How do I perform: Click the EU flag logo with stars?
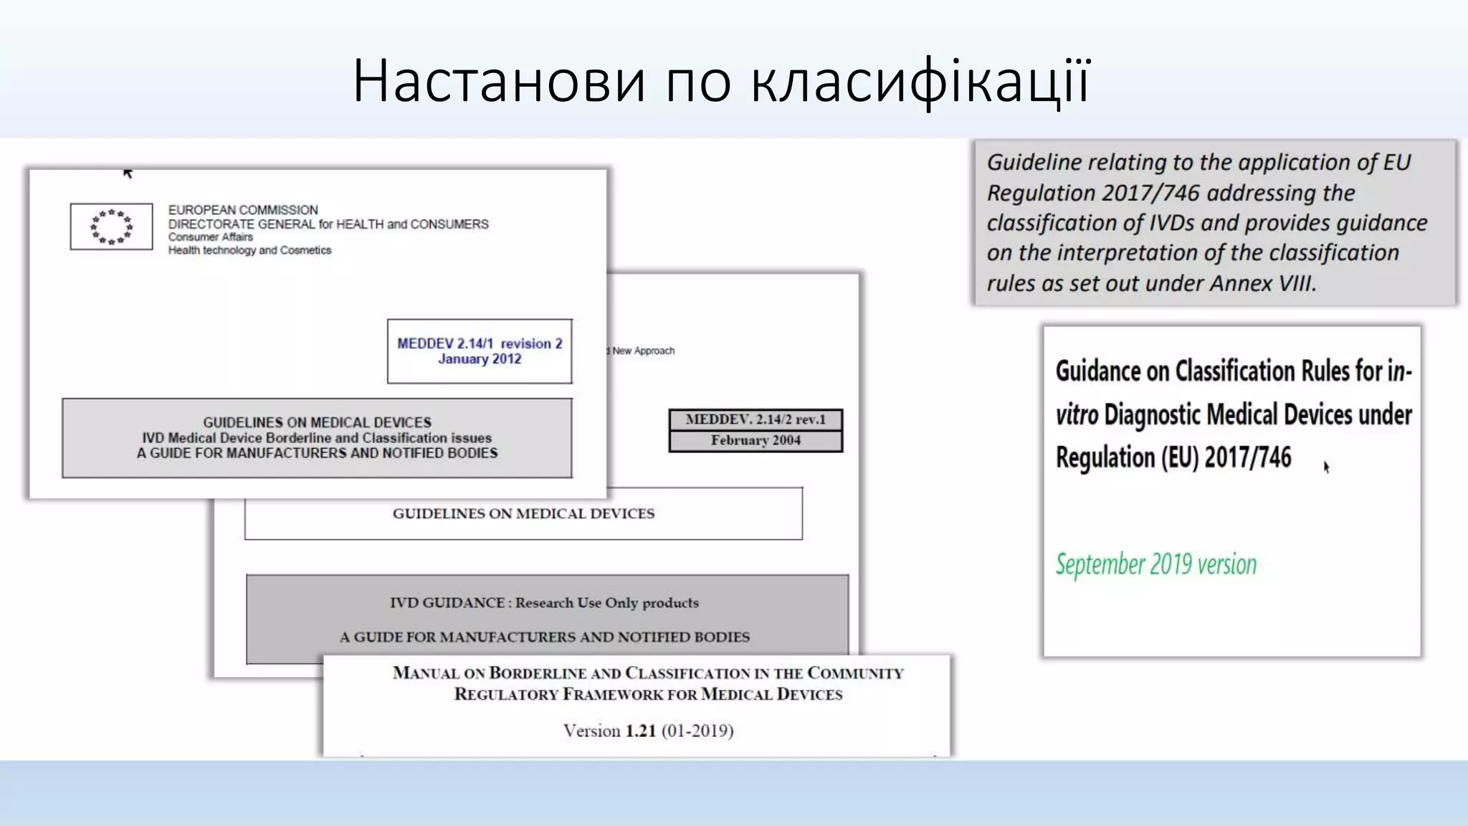(x=111, y=227)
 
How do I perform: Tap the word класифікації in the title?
(x=921, y=80)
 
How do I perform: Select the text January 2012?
(x=480, y=359)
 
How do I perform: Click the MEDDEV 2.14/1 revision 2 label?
(x=480, y=343)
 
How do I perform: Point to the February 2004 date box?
(x=756, y=441)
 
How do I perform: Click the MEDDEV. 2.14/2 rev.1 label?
(x=756, y=419)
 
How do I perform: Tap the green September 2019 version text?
(x=1155, y=565)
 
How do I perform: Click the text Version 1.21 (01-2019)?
(x=648, y=731)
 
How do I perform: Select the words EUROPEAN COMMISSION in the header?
(x=243, y=210)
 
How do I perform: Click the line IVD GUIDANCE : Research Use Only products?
(x=544, y=603)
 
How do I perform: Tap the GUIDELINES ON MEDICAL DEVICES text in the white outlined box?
(x=523, y=513)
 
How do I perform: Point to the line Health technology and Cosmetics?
(x=249, y=250)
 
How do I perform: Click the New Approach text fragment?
(x=643, y=351)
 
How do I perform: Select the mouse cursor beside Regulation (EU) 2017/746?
(x=1326, y=467)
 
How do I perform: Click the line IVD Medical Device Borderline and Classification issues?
(x=317, y=438)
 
